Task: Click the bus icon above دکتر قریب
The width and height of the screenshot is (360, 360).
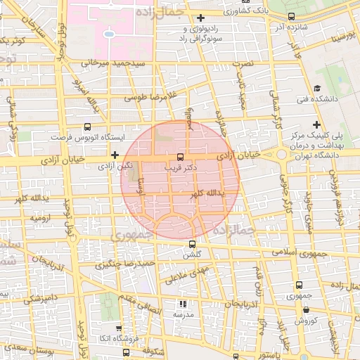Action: click(x=180, y=157)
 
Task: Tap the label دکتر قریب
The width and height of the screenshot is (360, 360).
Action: click(x=180, y=168)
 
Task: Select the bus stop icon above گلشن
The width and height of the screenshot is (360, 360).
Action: click(x=192, y=244)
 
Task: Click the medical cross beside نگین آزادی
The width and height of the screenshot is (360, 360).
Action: click(x=115, y=154)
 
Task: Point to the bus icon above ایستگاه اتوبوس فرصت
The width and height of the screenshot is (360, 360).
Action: click(x=87, y=127)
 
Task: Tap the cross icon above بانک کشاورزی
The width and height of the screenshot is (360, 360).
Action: click(x=202, y=17)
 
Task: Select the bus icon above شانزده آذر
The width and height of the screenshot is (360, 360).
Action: click(x=292, y=16)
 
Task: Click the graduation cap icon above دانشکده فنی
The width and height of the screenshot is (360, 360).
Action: click(x=317, y=89)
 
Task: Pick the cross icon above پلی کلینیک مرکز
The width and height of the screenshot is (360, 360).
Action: click(x=317, y=124)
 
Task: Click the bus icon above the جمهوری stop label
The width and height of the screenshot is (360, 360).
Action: click(x=300, y=285)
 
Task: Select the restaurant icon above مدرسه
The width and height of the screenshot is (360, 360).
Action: click(x=184, y=304)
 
